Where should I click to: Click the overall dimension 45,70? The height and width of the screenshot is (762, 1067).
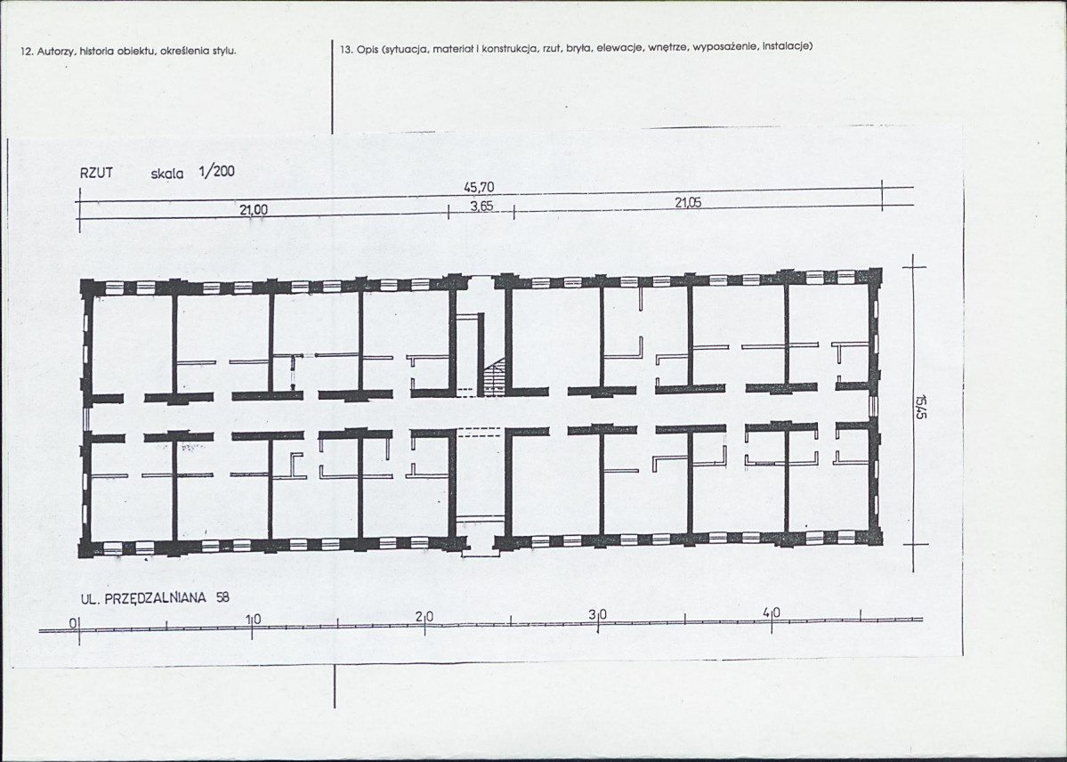coord(479,187)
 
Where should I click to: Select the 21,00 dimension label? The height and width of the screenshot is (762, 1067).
coord(254,210)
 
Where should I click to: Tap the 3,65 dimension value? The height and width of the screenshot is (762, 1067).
coord(481,206)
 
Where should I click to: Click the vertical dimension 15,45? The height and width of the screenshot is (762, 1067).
coord(920,407)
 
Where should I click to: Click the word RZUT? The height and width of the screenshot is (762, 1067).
coord(96,173)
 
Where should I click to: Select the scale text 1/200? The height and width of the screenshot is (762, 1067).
coord(217,172)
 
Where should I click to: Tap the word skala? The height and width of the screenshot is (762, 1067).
coord(166,174)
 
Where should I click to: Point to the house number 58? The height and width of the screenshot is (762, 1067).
coord(222,597)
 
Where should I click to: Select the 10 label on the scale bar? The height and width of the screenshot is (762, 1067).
coord(253,619)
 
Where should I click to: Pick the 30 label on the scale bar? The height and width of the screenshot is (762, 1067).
coord(597,615)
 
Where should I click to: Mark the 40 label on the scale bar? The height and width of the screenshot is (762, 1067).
coord(772,612)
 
